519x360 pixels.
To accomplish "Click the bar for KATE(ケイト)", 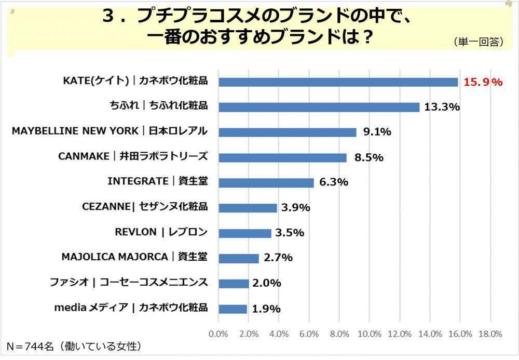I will [338, 82].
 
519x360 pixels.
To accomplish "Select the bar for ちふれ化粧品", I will [319, 107].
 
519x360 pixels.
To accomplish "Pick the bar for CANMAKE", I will [282, 157].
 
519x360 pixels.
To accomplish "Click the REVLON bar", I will [244, 233].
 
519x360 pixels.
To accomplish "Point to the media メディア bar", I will [233, 309].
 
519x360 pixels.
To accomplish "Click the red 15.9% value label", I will [483, 82].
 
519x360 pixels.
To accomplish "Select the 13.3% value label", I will [442, 108].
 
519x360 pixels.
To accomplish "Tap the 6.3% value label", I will [333, 183].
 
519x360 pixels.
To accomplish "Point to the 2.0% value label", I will [267, 284].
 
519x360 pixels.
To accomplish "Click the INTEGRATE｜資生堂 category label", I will [157, 181].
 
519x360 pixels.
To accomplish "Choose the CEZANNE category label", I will [145, 206].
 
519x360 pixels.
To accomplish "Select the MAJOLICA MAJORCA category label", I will [134, 257].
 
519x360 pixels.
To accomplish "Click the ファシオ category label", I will [129, 282].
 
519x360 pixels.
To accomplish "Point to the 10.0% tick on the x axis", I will [370, 333].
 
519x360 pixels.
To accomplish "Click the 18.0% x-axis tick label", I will [490, 333].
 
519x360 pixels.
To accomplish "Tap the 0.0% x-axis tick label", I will [218, 333].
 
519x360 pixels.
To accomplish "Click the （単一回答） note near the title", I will [478, 42].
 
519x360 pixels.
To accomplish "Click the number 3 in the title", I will [108, 17].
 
